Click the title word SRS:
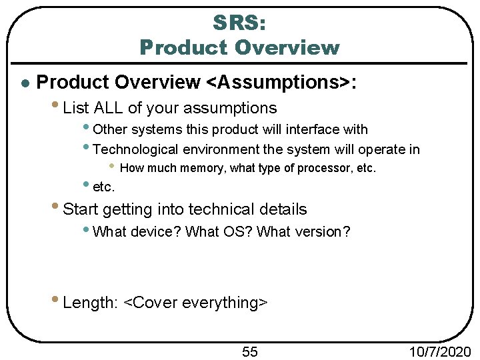coord(239,23)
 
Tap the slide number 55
coord(250,351)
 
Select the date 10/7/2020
coord(439,351)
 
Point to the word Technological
coord(137,150)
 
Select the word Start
coord(80,209)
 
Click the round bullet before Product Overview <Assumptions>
coord(23,83)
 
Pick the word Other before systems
coord(111,129)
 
